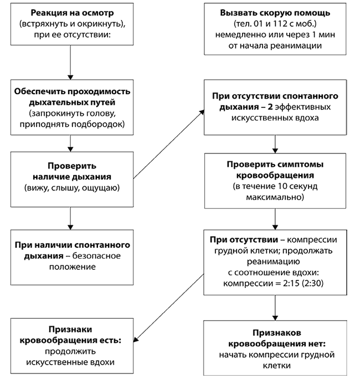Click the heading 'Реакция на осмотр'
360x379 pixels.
tap(72, 13)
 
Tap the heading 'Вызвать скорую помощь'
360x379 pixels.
tap(275, 13)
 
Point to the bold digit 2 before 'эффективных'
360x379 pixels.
tap(270, 107)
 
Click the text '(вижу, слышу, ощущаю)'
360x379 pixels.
tap(72, 188)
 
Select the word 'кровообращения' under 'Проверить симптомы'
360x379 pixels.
tap(275, 176)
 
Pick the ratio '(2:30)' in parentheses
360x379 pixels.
tap(312, 283)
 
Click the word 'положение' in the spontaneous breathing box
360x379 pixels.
tap(73, 267)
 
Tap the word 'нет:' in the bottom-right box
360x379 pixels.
tap(316, 344)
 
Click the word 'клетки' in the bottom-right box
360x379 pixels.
tap(276, 366)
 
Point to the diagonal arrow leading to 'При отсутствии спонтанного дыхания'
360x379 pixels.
tap(169, 144)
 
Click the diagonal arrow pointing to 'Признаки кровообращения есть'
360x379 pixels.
tap(169, 308)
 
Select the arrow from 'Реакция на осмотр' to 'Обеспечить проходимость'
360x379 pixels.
tap(70, 63)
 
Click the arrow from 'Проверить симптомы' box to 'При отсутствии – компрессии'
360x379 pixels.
tap(275, 219)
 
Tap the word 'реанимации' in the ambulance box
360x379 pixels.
tap(296, 46)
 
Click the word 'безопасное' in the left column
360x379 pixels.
tap(96, 256)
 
